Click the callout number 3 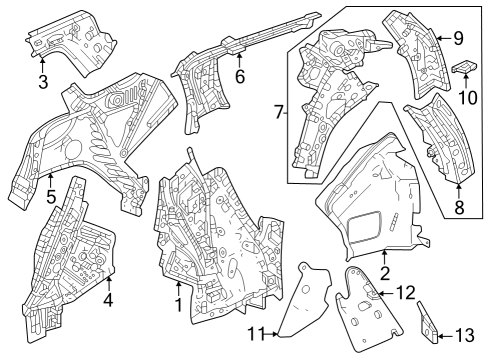click(43, 82)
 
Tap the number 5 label click(51, 197)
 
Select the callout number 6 click(240, 76)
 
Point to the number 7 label click(279, 112)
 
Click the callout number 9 click(459, 38)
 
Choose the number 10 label click(468, 98)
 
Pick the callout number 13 click(465, 335)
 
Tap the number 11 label click(256, 334)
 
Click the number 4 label click(108, 301)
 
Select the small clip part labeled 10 click(465, 68)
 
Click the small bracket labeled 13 click(428, 323)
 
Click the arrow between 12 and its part click(386, 293)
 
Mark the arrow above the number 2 click(384, 258)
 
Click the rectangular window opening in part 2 click(364, 227)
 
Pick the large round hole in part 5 click(73, 150)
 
